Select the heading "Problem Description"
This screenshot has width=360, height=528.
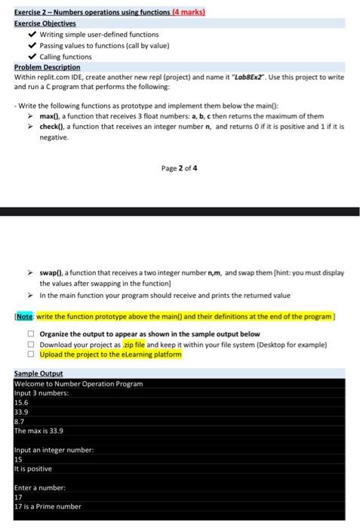tap(47, 67)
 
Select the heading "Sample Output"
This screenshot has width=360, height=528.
tap(38, 374)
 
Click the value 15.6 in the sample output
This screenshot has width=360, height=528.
tap(20, 403)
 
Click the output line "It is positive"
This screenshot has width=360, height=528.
tap(35, 469)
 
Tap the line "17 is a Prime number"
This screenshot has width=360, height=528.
tap(48, 507)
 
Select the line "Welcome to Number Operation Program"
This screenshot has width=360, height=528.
tap(78, 384)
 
